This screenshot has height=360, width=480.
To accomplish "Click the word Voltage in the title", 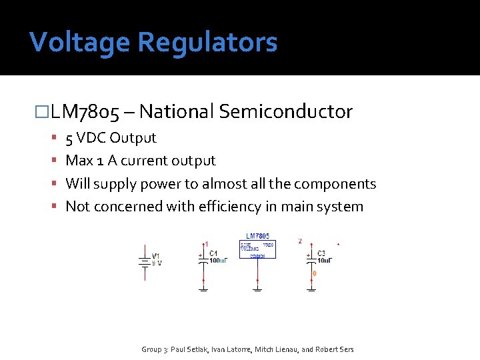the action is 79,43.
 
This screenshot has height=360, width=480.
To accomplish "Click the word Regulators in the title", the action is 207,43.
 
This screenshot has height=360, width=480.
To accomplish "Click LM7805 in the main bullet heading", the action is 85,112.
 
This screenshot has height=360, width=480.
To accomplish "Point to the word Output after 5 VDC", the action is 133,138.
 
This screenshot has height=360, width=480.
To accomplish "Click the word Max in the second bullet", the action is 79,161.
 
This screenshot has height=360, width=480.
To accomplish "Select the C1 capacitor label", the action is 213,253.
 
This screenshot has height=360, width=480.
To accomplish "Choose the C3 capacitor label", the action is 321,253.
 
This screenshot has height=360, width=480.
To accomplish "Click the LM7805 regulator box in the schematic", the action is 257,249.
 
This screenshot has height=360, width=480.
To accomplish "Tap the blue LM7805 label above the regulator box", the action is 258,236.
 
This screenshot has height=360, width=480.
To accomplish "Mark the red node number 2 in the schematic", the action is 300,241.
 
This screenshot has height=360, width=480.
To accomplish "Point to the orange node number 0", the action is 315,273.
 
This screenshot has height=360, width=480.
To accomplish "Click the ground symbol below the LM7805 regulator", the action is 257,289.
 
